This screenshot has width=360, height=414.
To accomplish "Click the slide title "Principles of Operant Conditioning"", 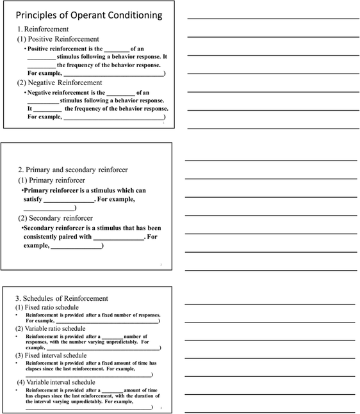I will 88,15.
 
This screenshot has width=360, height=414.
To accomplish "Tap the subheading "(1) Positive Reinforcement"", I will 58,39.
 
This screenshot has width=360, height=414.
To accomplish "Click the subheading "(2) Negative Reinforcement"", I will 60,83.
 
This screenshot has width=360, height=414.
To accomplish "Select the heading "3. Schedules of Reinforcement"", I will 61,298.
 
